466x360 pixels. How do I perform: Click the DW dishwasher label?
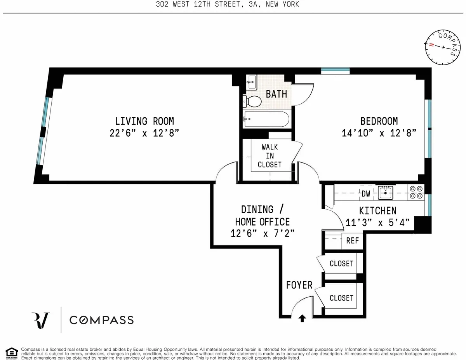click(366, 193)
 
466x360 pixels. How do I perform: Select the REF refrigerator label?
click(352, 241)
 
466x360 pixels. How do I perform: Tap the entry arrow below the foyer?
click(302, 319)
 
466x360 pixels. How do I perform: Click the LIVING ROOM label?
click(144, 121)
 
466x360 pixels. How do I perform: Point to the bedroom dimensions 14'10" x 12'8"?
click(379, 133)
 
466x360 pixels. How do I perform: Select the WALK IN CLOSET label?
click(270, 156)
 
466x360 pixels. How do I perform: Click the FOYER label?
click(299, 285)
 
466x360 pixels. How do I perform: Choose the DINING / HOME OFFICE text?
click(263, 216)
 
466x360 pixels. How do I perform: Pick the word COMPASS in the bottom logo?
click(101, 320)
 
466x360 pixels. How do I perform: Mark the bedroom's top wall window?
click(336, 71)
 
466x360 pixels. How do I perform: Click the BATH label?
click(276, 94)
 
